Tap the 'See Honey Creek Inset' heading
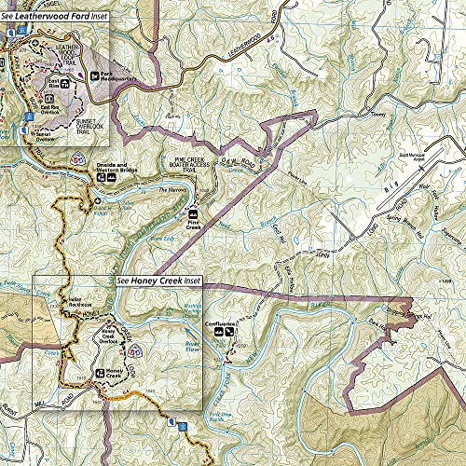coord(155,280)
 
